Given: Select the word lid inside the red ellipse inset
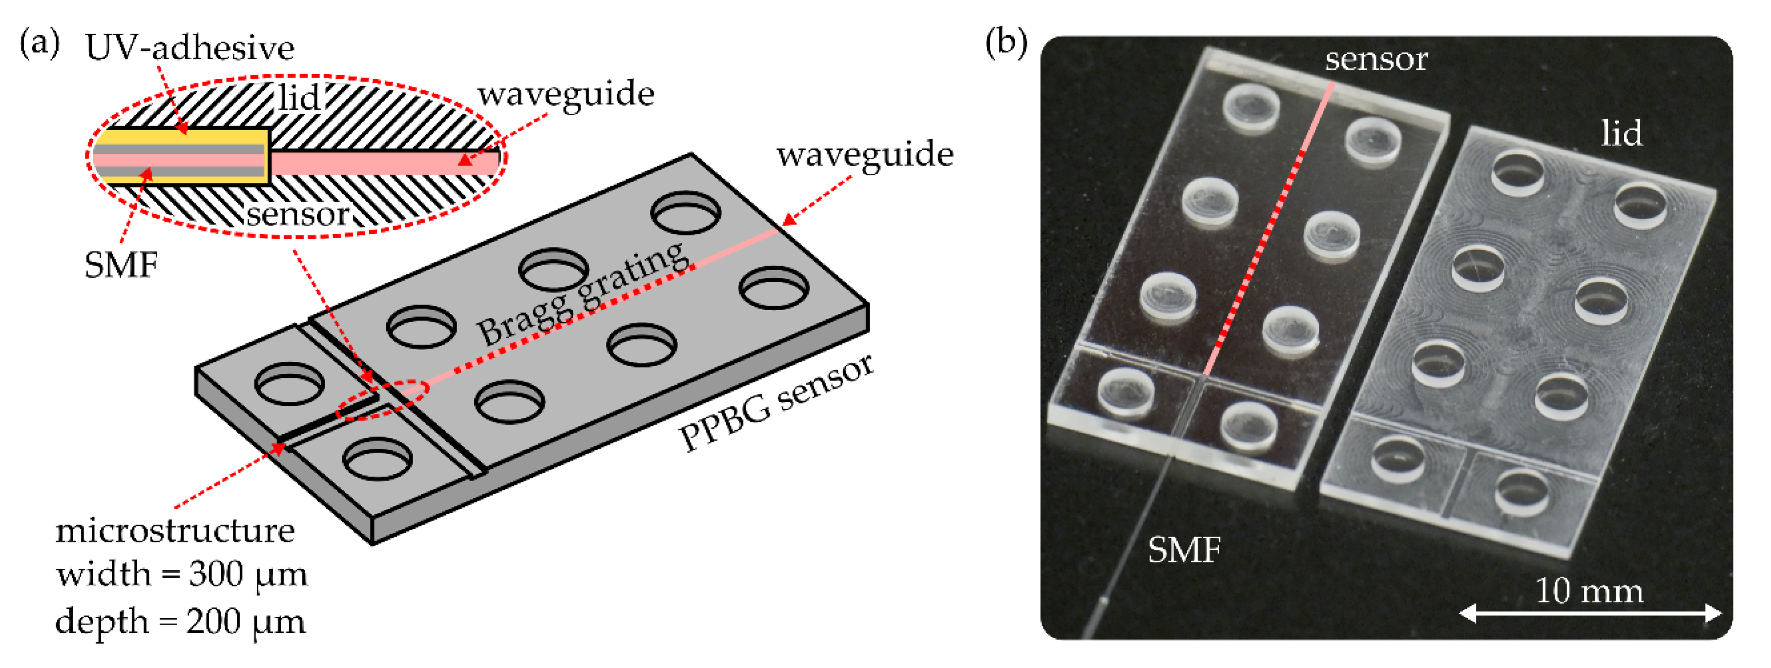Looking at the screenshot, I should pyautogui.click(x=298, y=98).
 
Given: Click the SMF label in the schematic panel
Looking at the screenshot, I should pyautogui.click(x=121, y=265).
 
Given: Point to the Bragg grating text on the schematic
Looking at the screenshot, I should pyautogui.click(x=582, y=295).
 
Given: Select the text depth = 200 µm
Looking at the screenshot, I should pyautogui.click(x=180, y=622).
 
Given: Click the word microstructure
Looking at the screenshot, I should pyautogui.click(x=175, y=531).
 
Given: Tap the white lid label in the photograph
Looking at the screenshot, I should pyautogui.click(x=1622, y=133).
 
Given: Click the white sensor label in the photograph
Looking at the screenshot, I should pyautogui.click(x=1376, y=59).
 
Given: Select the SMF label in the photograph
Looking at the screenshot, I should pyautogui.click(x=1184, y=550).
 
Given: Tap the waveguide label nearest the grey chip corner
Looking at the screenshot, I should pyautogui.click(x=865, y=155).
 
